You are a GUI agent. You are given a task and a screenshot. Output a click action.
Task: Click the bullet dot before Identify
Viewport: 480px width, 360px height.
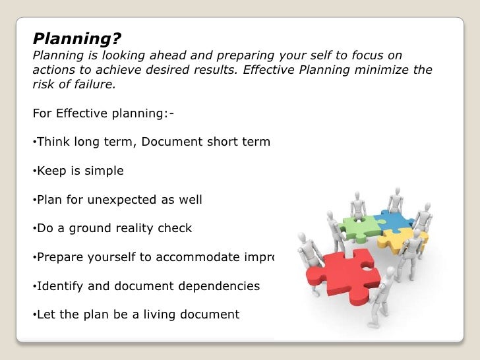click(x=34, y=286)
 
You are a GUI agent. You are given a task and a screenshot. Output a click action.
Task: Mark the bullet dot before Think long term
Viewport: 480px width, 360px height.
click(x=34, y=141)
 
